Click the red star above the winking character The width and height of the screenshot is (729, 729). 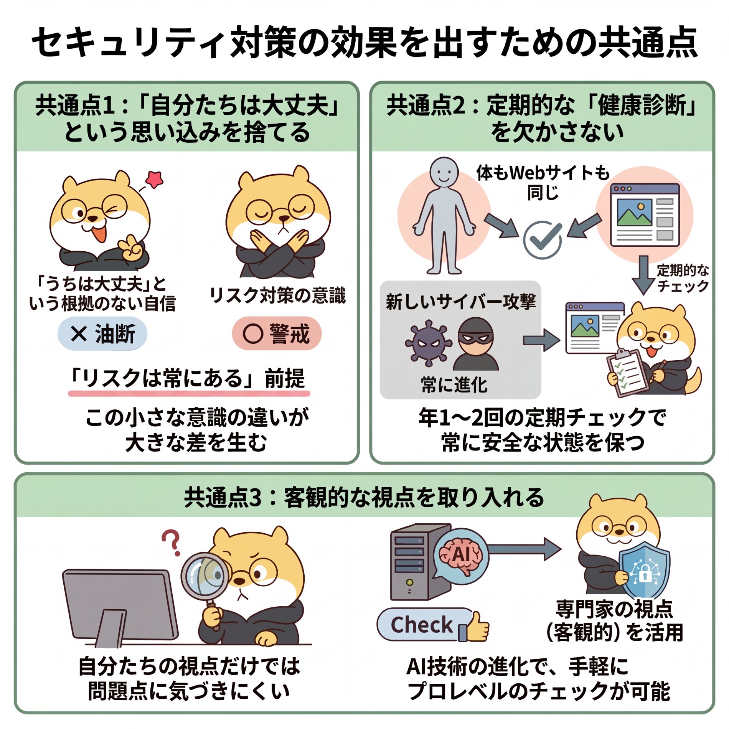[x=155, y=179]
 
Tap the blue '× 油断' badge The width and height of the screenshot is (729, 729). [x=102, y=333]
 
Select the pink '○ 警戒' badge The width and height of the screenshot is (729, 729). [x=277, y=333]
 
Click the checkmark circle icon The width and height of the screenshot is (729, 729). [x=543, y=240]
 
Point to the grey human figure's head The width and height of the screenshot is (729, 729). [x=444, y=172]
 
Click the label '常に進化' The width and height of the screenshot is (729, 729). [x=454, y=385]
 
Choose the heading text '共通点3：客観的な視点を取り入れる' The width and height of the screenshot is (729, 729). [x=364, y=498]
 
